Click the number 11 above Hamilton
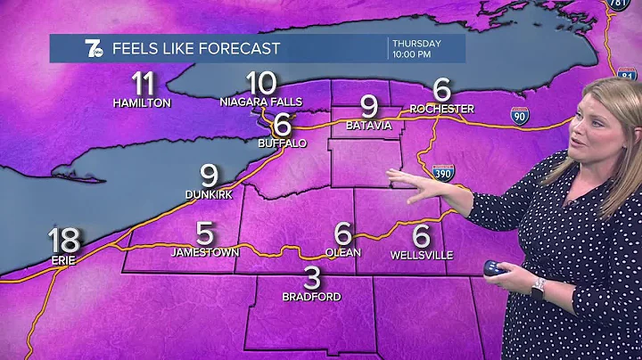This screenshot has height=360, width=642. tap(142, 85)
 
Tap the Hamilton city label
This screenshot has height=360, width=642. tap(142, 102)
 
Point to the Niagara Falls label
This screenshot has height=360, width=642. tap(261, 102)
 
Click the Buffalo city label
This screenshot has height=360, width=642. tap(283, 143)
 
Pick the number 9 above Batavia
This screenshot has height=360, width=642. tap(368, 107)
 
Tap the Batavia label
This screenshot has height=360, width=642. tap(368, 126)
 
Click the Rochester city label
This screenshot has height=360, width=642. tap(441, 109)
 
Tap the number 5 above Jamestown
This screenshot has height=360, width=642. tap(205, 234)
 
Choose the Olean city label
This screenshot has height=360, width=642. tap(343, 253)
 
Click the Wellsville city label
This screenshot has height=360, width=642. tap(421, 255)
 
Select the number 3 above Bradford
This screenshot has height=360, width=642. tap(311, 277)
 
